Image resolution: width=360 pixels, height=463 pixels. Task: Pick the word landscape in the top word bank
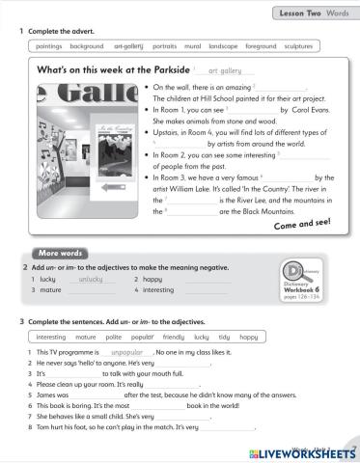[224, 46]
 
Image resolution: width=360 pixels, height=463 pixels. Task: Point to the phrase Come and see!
[303, 222]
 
